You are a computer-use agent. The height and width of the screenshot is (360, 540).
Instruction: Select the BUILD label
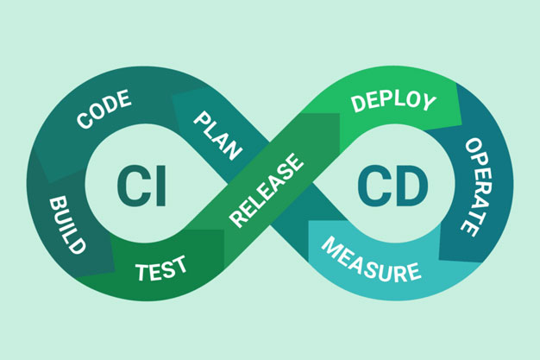click(66, 224)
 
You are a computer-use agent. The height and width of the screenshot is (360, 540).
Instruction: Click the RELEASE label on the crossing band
click(267, 191)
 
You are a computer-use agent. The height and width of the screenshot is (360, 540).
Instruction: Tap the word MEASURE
click(371, 260)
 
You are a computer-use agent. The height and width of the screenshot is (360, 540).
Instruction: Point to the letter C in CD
click(374, 185)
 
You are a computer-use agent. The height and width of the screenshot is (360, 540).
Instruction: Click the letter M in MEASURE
click(330, 245)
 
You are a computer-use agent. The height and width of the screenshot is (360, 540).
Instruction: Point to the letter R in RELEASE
click(236, 220)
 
